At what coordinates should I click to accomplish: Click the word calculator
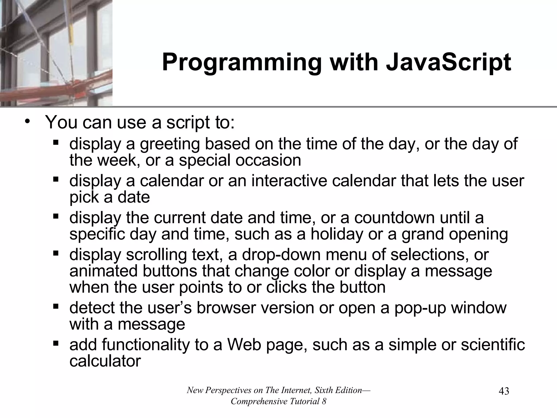click(x=105, y=361)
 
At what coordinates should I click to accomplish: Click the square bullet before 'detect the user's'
click(x=56, y=307)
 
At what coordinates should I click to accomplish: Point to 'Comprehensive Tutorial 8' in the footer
click(x=278, y=401)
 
